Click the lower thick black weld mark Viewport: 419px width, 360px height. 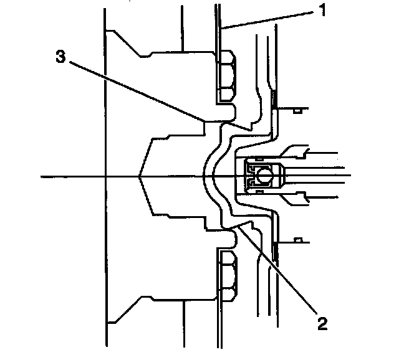pyautogui.click(x=274, y=250)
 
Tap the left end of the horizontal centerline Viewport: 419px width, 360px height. pyautogui.click(x=42, y=177)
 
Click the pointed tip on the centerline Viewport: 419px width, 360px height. pyautogui.click(x=138, y=177)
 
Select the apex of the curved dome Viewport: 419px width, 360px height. pyautogui.click(x=205, y=177)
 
